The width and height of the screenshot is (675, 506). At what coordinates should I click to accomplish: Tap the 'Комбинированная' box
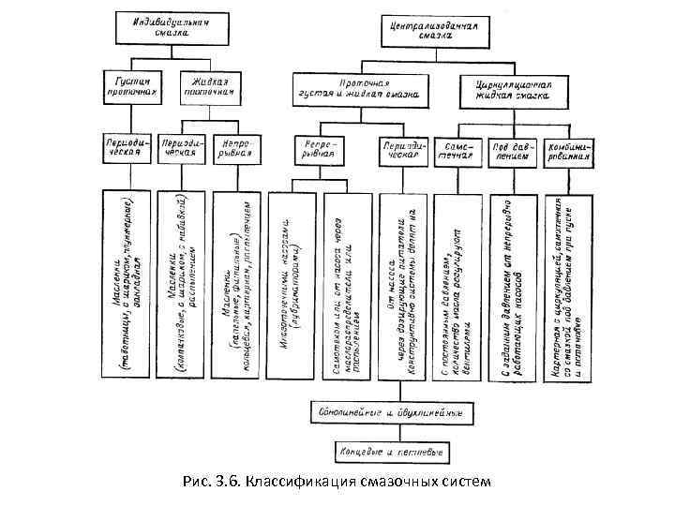(x=568, y=152)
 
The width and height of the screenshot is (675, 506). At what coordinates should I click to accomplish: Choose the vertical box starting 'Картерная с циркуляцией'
(x=568, y=275)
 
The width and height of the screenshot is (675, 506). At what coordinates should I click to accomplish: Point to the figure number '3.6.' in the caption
(x=229, y=483)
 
